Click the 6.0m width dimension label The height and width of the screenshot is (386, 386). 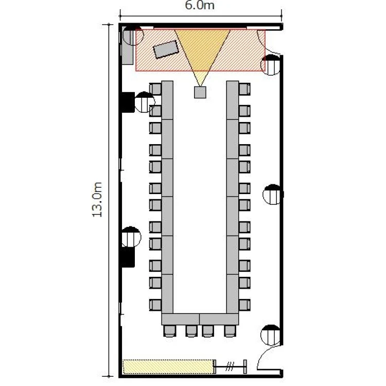point(200,6)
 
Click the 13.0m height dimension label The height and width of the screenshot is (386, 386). point(97,200)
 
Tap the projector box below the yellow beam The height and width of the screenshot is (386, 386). point(200,92)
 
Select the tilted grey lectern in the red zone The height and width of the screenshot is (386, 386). point(166,49)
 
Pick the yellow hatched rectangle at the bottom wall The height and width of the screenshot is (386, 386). point(168,366)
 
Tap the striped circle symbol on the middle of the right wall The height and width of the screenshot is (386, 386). point(272,194)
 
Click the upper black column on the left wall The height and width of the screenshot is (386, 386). point(128,102)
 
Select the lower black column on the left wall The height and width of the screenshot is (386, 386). point(128,257)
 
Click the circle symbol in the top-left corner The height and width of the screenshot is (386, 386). point(133,35)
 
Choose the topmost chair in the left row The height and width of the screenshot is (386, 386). point(155,89)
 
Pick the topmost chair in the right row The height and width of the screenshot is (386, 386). point(244,89)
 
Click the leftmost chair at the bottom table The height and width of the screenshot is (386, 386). point(169,331)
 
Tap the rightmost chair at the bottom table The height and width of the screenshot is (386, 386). point(230,331)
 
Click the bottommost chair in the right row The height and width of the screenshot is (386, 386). point(244,305)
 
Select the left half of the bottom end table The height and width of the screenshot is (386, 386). point(181,319)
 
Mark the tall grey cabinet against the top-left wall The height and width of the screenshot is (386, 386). point(128,45)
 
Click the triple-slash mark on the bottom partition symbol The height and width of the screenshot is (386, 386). point(230,366)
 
